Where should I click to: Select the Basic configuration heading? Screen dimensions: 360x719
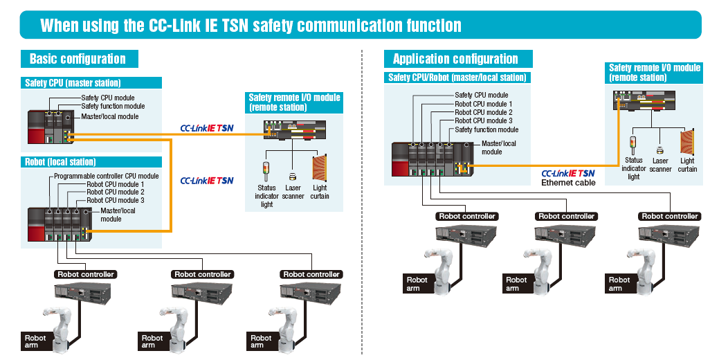click(x=78, y=59)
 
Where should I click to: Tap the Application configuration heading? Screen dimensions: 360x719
click(x=455, y=59)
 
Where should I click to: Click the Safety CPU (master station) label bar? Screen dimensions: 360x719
click(x=73, y=83)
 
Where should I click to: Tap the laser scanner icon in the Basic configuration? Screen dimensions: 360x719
click(x=293, y=177)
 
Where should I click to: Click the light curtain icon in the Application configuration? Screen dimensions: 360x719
click(x=686, y=142)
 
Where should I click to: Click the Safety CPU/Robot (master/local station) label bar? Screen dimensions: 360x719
click(x=457, y=78)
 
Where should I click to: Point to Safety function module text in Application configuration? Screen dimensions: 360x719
click(x=486, y=129)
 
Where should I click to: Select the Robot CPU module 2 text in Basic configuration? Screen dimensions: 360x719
click(x=116, y=192)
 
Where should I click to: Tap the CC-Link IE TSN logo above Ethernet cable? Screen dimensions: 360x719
click(x=567, y=173)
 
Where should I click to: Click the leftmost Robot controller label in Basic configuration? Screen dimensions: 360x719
click(x=85, y=274)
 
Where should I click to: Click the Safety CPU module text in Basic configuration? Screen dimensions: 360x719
click(x=108, y=98)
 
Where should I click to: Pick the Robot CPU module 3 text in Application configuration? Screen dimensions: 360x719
click(x=483, y=121)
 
